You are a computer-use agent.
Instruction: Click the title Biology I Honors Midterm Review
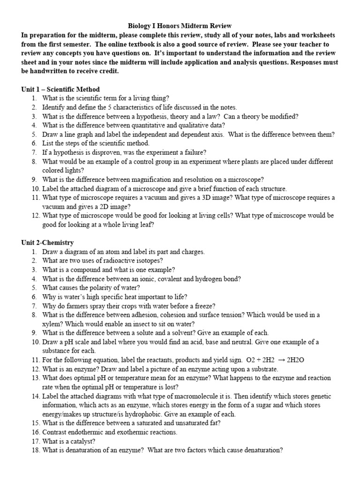[x=180, y=26]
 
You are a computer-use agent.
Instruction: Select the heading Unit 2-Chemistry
[x=47, y=242]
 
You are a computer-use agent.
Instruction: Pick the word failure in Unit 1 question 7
[x=194, y=152]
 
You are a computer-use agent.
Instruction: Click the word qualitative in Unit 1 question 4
[x=191, y=125]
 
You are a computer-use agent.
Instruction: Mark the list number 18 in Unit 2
[x=35, y=450]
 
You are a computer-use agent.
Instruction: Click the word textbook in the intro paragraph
[x=107, y=45]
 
